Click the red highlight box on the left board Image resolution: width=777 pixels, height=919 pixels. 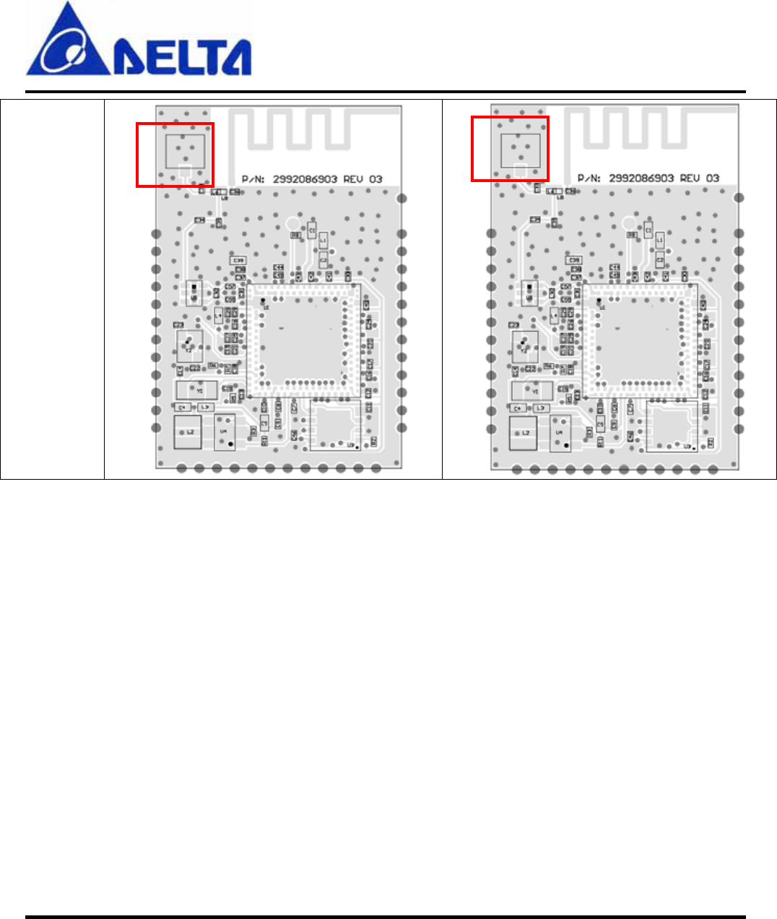coord(175,155)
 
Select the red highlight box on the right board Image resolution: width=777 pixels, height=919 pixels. coord(510,149)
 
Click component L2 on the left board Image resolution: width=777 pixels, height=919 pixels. coord(190,432)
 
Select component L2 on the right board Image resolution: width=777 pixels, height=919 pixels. coord(524,432)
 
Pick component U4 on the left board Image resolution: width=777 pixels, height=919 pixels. coord(225,432)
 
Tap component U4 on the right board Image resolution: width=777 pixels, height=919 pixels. coord(560,432)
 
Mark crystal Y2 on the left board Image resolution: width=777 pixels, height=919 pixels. coord(189,346)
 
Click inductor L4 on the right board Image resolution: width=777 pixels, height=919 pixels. coord(555,316)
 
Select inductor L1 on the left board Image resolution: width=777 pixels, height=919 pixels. coord(324,240)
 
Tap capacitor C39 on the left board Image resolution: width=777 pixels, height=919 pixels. coord(238,260)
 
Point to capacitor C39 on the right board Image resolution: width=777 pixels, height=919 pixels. coord(574,260)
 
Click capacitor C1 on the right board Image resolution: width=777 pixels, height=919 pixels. coord(648,230)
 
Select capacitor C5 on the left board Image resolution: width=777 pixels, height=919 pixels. coord(264,423)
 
